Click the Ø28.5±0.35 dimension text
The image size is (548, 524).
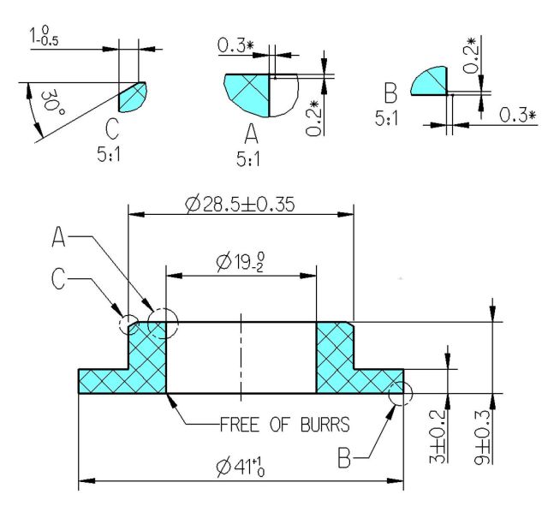(x=240, y=204)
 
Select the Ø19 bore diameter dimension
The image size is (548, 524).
(x=241, y=262)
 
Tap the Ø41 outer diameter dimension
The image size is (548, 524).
(x=241, y=467)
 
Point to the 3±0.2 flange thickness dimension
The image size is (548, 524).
(x=438, y=437)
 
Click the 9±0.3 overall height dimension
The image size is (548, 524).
(x=483, y=438)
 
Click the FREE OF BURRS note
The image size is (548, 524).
(x=285, y=425)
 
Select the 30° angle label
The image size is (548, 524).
(x=52, y=102)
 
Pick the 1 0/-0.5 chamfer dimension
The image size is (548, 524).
(x=44, y=36)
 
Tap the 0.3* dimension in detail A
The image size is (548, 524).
(x=235, y=45)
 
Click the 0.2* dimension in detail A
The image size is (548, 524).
(x=313, y=118)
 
